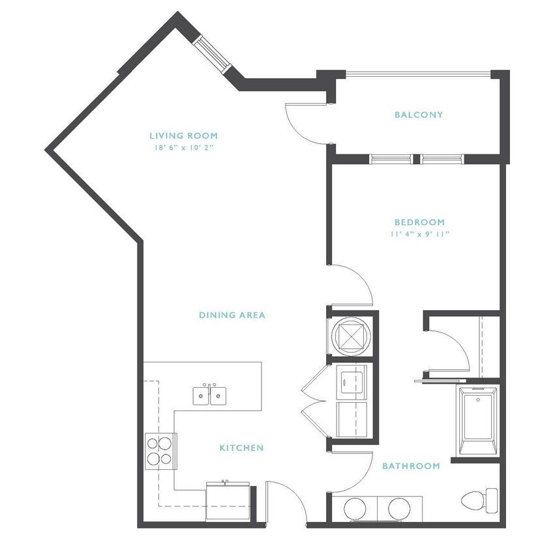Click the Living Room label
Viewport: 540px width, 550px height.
pyautogui.click(x=183, y=136)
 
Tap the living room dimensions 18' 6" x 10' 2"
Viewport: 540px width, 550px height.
pyautogui.click(x=182, y=148)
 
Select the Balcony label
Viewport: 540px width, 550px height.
pyautogui.click(x=419, y=115)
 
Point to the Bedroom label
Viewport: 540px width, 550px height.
pyautogui.click(x=419, y=222)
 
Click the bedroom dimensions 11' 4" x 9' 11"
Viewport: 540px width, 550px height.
pyautogui.click(x=419, y=233)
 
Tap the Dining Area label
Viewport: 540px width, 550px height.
pyautogui.click(x=232, y=315)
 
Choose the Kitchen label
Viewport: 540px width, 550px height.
pyautogui.click(x=241, y=448)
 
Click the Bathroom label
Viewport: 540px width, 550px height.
pyautogui.click(x=411, y=466)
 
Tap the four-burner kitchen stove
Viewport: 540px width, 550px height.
pyautogui.click(x=160, y=450)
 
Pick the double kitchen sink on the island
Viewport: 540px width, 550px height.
pyautogui.click(x=209, y=395)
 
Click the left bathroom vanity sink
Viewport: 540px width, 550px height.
pyautogui.click(x=356, y=508)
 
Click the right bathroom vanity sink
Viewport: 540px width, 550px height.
pyautogui.click(x=399, y=508)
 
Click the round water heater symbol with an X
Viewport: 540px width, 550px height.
pyautogui.click(x=350, y=336)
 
